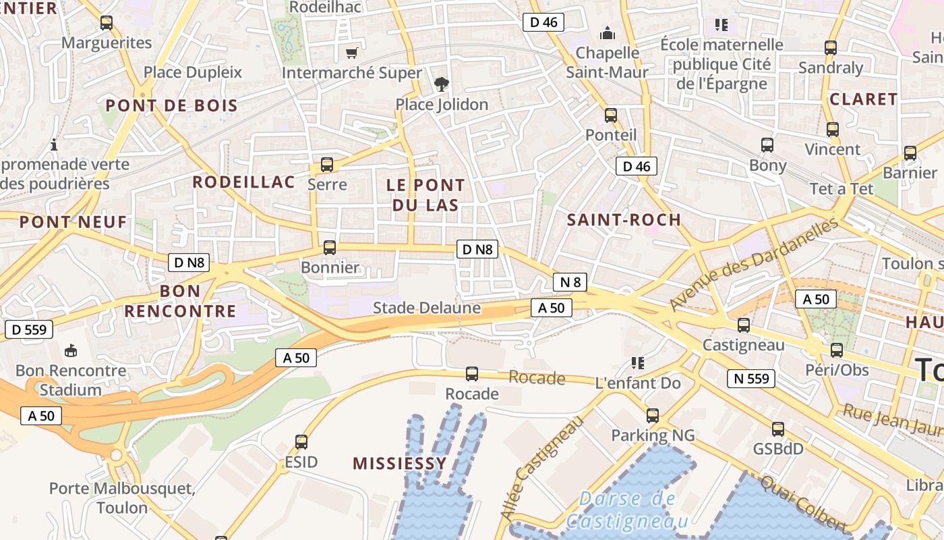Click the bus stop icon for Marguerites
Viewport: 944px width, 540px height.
coord(107,23)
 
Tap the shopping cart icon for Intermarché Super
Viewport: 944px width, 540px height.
coord(351,53)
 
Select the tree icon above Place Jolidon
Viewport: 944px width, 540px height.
coord(442,84)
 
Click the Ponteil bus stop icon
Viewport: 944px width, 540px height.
coord(611,115)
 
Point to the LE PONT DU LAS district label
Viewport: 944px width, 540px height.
coord(425,195)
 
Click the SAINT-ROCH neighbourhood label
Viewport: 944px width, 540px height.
coord(624,220)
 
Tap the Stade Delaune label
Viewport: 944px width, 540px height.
coord(427,308)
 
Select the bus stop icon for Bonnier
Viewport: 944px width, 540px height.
coord(330,248)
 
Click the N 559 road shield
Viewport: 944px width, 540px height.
coord(751,379)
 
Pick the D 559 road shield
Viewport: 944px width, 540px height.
coord(29,329)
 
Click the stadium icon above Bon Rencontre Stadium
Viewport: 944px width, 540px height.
coord(71,350)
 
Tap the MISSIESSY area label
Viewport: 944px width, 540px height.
coord(399,463)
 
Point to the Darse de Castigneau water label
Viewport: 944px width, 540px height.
coord(627,510)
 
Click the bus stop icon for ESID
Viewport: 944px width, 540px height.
coord(301,443)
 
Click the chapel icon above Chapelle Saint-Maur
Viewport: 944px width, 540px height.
coord(608,33)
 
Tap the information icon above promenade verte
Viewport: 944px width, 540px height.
coord(54,144)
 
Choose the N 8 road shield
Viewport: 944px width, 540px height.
coord(570,282)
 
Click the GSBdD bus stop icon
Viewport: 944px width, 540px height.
coord(778,429)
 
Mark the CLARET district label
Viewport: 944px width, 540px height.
coord(863,99)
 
